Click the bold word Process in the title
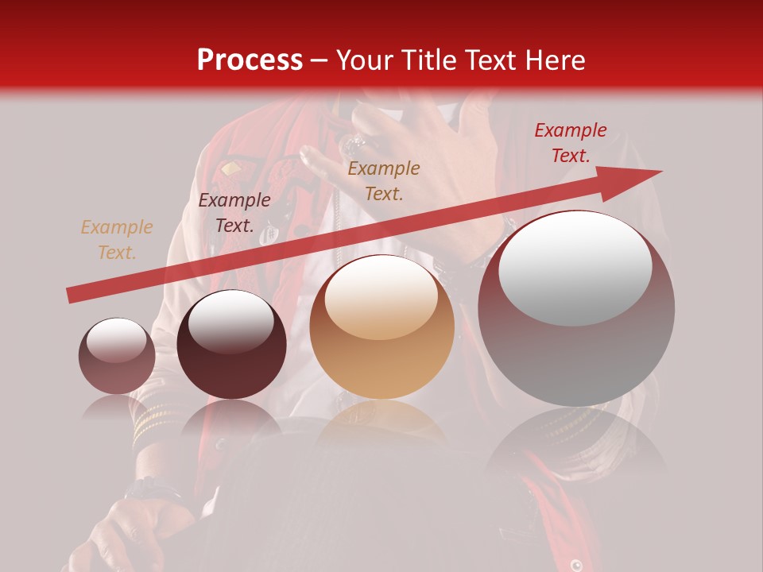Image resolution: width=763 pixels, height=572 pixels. (250, 60)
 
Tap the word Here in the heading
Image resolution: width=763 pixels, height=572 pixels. (555, 60)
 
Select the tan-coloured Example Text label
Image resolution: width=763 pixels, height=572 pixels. (116, 240)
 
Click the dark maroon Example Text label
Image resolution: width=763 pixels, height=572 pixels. (234, 213)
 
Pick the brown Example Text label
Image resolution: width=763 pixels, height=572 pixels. (384, 180)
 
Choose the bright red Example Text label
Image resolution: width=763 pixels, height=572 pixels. (570, 143)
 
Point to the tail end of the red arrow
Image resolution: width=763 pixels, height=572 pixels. (73, 296)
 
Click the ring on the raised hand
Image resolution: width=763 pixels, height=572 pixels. (354, 145)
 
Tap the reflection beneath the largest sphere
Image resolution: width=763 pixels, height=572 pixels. (576, 441)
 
